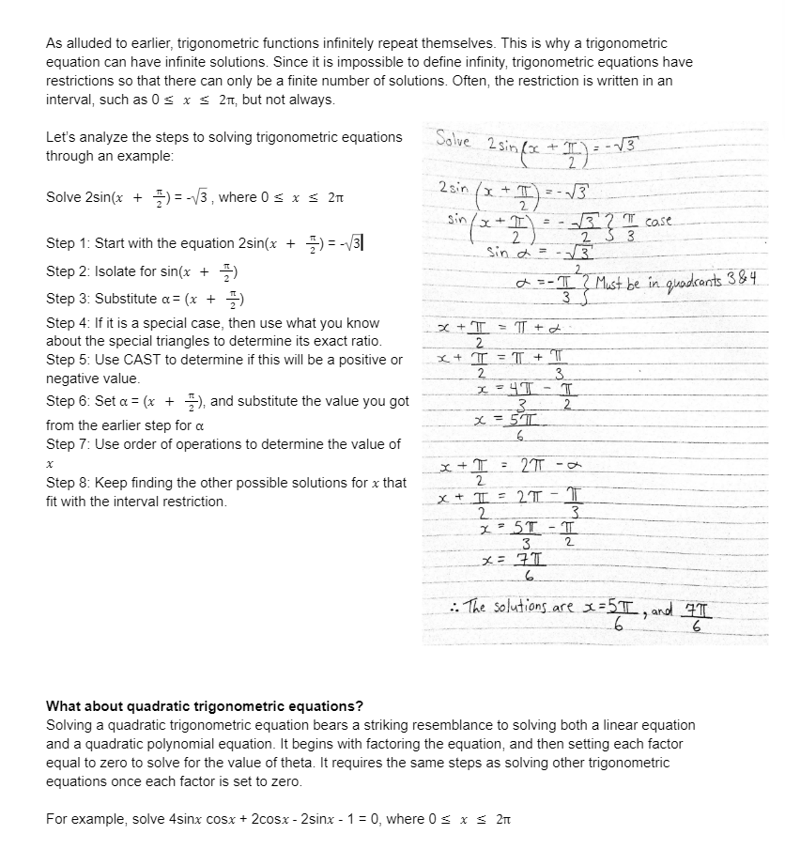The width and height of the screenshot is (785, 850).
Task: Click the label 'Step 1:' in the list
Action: click(69, 243)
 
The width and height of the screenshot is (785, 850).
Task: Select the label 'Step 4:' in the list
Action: click(69, 323)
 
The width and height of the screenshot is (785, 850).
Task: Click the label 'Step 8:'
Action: click(69, 483)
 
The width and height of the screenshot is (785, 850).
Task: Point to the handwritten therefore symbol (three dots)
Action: click(454, 605)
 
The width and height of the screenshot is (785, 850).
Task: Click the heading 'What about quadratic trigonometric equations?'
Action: click(205, 706)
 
